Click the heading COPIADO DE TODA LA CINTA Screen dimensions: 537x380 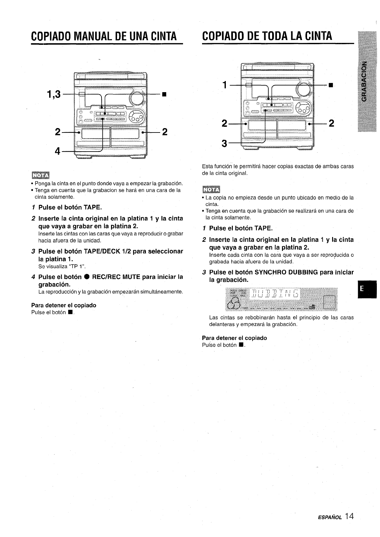coord(267,36)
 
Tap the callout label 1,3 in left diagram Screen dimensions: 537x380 coord(54,94)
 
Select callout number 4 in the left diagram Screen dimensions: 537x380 coord(58,152)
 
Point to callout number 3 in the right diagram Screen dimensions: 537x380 coord(225,144)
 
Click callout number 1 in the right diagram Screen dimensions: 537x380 coord(225,85)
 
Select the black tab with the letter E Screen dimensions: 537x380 coord(366,289)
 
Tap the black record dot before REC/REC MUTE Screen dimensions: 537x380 coord(86,277)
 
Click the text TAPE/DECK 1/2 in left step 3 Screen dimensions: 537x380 coord(110,252)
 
